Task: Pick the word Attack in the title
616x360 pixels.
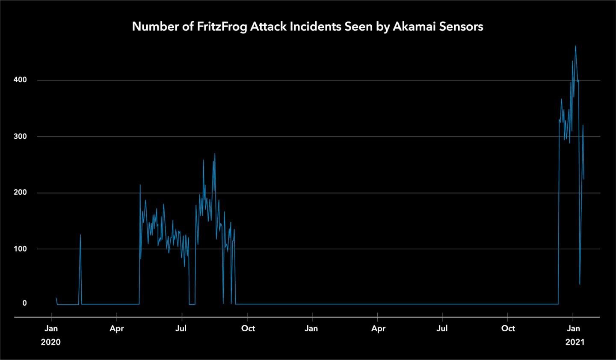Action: pos(268,27)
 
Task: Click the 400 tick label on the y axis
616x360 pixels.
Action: pos(20,80)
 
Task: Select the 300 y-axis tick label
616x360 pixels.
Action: pos(20,137)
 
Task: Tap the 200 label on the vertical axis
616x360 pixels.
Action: pos(20,193)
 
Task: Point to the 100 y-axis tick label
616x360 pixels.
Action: pos(20,249)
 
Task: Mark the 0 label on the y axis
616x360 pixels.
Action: pos(24,303)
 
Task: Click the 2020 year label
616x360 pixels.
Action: pos(50,342)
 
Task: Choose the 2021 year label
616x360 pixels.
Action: pos(575,342)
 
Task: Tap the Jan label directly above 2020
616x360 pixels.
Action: pos(51,328)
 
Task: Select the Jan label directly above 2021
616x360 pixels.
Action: pos(573,328)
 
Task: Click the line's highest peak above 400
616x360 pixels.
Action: pos(575,46)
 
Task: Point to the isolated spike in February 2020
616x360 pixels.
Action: pos(80,235)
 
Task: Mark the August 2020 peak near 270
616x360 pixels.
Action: pos(215,154)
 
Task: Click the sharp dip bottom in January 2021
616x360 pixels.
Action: pos(580,284)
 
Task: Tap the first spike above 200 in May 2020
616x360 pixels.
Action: pos(140,185)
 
